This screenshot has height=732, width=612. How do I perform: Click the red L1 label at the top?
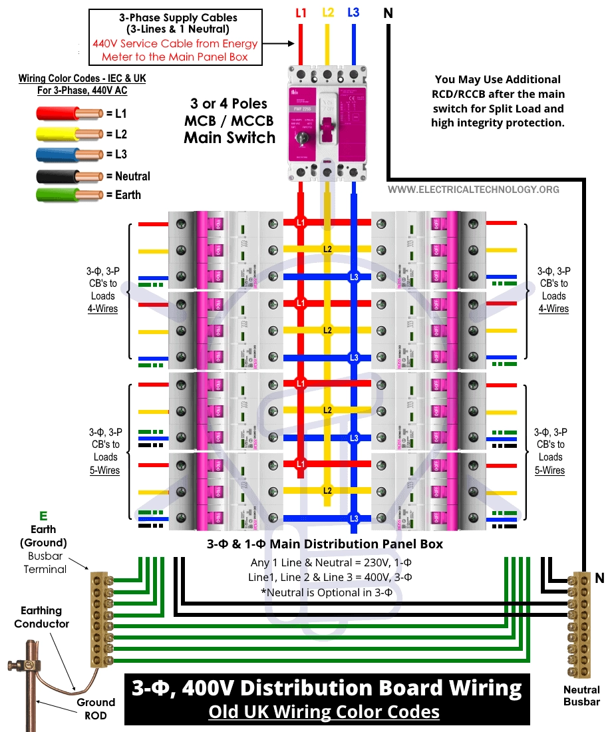(x=301, y=12)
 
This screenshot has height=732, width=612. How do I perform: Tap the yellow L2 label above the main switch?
(x=327, y=12)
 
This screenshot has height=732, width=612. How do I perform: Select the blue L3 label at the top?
(x=354, y=12)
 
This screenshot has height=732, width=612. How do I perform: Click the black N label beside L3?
(x=388, y=12)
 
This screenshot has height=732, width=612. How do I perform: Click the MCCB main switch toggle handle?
(x=327, y=128)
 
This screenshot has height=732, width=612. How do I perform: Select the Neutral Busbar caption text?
(x=581, y=695)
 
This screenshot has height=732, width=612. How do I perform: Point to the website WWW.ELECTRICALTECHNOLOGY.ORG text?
(x=474, y=190)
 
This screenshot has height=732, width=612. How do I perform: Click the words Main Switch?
(x=230, y=138)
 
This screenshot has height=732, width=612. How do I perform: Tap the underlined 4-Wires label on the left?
(x=103, y=309)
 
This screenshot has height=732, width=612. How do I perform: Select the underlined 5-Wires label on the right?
(x=550, y=470)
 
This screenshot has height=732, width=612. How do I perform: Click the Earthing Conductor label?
(x=42, y=617)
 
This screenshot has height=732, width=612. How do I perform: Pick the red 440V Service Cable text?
(x=175, y=50)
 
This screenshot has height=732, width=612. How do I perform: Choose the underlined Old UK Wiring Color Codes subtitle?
(x=324, y=711)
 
